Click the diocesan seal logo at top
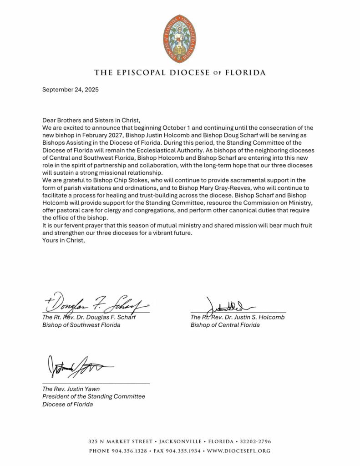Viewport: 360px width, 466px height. [x=180, y=38]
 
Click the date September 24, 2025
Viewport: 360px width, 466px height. [x=70, y=90]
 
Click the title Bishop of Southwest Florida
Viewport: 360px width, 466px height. [x=81, y=325]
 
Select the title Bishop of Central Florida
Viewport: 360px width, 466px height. [x=225, y=325]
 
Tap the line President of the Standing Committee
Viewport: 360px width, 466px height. [x=94, y=396]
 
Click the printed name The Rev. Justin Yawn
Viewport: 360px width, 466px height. [x=71, y=389]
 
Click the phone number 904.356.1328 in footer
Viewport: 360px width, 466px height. [x=127, y=451]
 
